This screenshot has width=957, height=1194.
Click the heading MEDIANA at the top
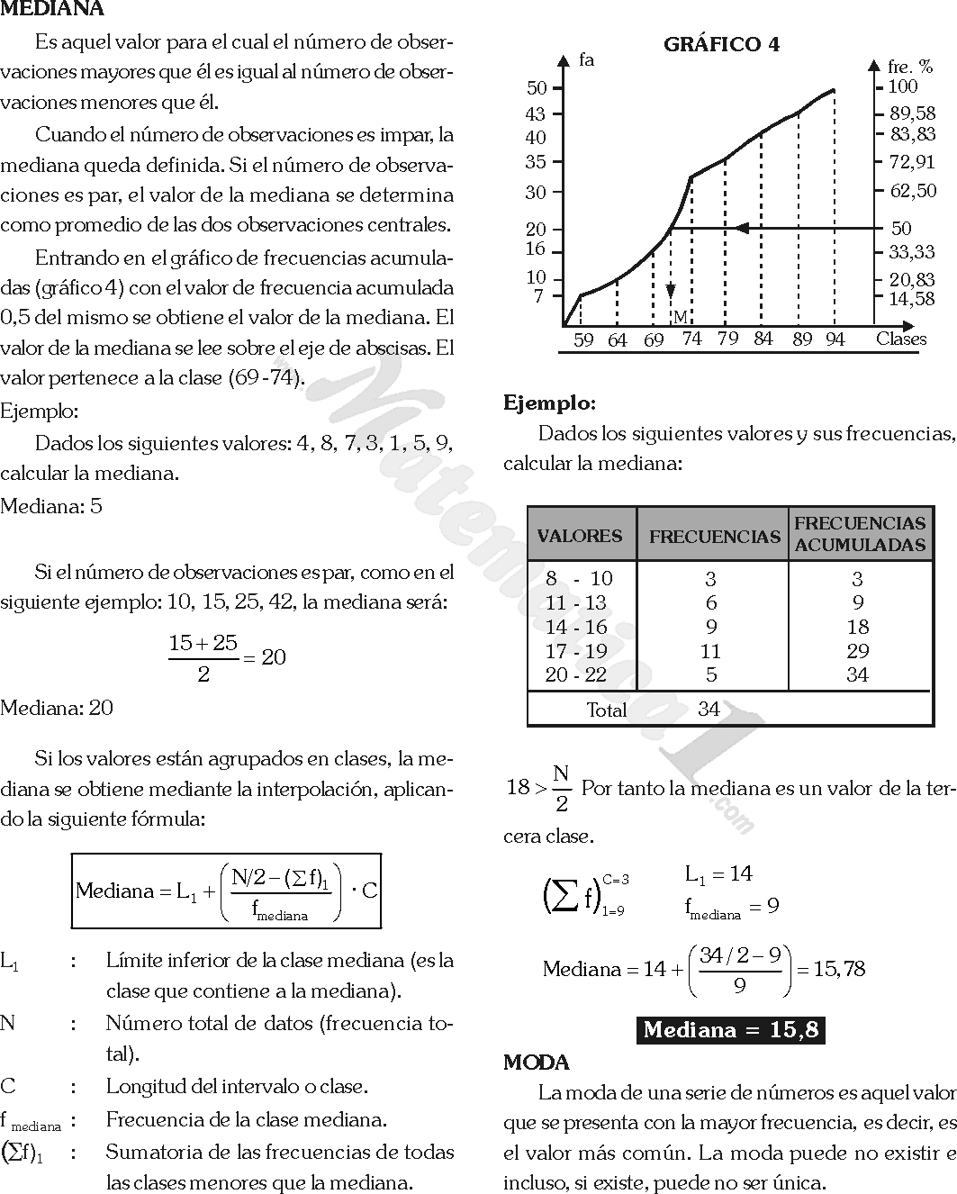tap(52, 9)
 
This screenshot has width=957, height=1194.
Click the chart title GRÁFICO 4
tap(721, 44)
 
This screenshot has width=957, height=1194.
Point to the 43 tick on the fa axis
tap(536, 114)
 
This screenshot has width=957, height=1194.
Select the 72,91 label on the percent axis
tap(911, 162)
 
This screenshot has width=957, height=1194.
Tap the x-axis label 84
tap(763, 339)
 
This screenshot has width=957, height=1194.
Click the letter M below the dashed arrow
tap(680, 317)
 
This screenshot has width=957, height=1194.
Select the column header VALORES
tap(580, 536)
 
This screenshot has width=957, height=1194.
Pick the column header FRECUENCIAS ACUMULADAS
tap(860, 534)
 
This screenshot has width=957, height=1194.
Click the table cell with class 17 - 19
tap(576, 651)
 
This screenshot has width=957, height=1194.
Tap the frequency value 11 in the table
tap(710, 651)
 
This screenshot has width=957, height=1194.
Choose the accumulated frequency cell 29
tap(857, 651)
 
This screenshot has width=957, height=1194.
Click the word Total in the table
tap(606, 710)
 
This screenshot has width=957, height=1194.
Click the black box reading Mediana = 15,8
tap(730, 1030)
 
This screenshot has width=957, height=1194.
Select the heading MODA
tap(536, 1063)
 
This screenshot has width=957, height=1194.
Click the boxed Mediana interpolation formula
tap(227, 891)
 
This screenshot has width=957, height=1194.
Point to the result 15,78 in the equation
tap(839, 969)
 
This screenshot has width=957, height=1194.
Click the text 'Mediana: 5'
tap(51, 506)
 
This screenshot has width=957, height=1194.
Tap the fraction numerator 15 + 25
tap(203, 643)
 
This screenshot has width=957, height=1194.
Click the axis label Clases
tap(900, 339)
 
